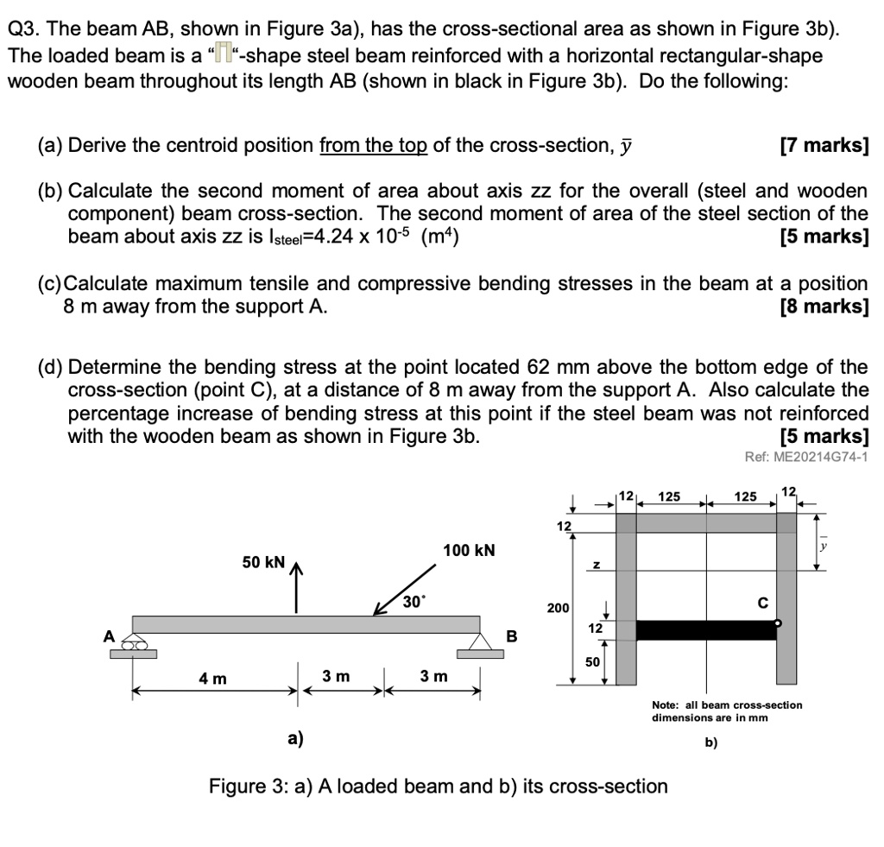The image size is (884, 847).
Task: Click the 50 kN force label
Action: pos(263,563)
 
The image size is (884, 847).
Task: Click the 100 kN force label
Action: pos(469,551)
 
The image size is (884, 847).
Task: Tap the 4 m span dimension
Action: pos(212,678)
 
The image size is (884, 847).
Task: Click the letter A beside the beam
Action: pos(110,635)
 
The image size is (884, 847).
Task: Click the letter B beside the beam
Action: pos(510,637)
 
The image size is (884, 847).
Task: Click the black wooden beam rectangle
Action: pos(706,629)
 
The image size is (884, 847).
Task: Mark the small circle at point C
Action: pos(778,623)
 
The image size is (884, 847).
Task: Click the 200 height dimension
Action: pos(557,608)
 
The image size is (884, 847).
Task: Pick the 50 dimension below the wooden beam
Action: pos(591,661)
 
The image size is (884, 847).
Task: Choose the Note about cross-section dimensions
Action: pos(727,711)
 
